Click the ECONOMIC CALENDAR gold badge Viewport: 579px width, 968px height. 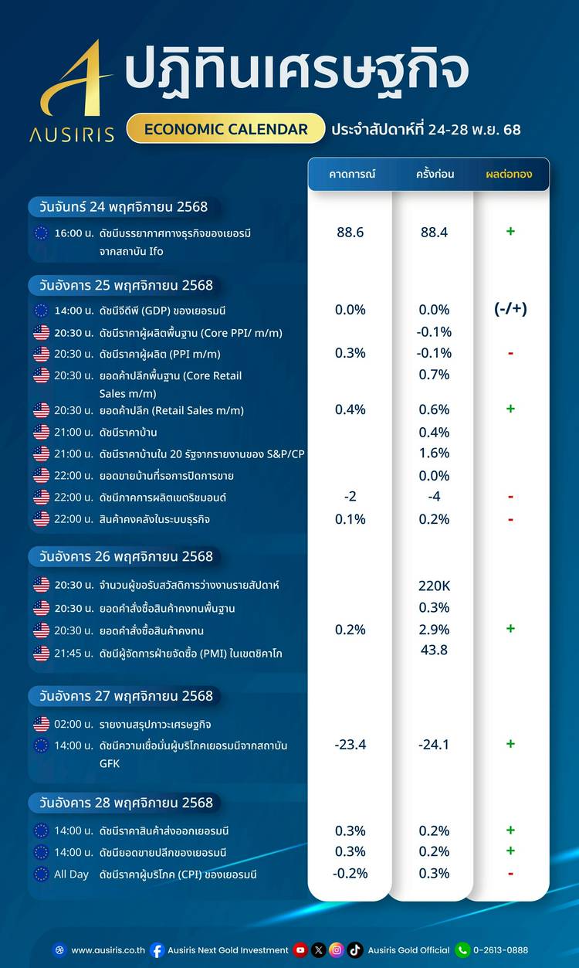click(x=225, y=129)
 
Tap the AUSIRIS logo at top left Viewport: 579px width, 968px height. click(x=72, y=93)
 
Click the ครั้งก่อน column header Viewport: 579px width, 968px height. click(x=435, y=175)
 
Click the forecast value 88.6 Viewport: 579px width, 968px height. click(x=350, y=232)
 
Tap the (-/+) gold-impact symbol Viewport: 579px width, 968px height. click(x=510, y=310)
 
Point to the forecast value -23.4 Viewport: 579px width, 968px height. click(x=350, y=745)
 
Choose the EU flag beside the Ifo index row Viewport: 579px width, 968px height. click(x=42, y=233)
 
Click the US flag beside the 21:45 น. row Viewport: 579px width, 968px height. click(x=42, y=654)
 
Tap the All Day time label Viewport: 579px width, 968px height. click(x=72, y=875)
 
